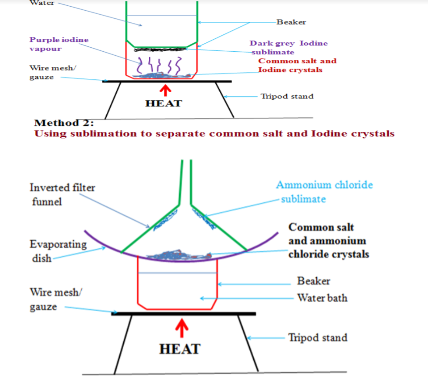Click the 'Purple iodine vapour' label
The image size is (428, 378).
pos(59,44)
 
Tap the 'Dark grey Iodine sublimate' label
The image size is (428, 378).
pos(288,48)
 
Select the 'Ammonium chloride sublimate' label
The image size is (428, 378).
pos(324,191)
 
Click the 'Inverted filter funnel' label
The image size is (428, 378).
pos(62,194)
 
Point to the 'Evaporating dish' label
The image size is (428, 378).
pos(58,251)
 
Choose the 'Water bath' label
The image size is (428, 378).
pos(322,297)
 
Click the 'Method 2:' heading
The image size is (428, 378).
pos(67,123)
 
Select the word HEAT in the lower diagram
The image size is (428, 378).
pos(180,349)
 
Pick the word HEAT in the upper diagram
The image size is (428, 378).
pos(164,103)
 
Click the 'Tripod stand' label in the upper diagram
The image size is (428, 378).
pos(287,96)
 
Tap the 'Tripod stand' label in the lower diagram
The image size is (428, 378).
pos(317,337)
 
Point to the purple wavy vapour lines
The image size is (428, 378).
pos(159,65)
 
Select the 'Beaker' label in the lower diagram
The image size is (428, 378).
pos(314,281)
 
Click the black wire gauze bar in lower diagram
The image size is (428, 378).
pos(183,313)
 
